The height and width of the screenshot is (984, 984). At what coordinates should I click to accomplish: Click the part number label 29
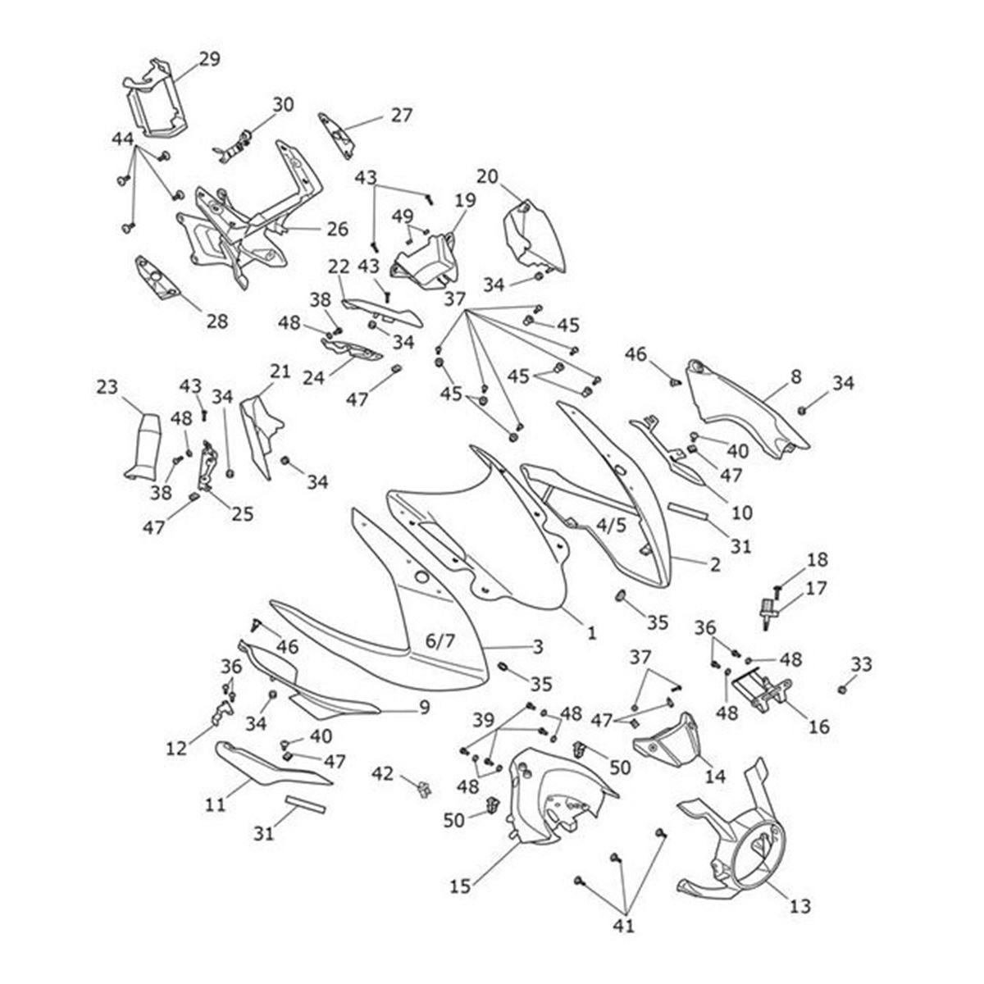[210, 58]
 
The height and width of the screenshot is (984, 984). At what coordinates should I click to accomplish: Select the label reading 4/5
[611, 525]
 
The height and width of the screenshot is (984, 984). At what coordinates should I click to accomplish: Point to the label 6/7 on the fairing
[440, 640]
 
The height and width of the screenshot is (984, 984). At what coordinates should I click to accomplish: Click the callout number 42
[383, 773]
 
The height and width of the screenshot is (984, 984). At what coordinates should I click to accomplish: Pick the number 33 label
[861, 664]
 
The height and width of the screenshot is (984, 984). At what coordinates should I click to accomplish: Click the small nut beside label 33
[842, 690]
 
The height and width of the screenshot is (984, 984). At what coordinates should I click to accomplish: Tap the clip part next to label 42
[424, 789]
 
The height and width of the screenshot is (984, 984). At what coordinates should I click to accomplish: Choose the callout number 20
[487, 175]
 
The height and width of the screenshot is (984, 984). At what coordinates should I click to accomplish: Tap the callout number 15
[459, 886]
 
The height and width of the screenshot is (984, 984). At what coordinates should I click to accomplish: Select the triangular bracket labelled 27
[336, 131]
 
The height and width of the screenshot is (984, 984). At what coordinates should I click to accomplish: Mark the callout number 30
[283, 105]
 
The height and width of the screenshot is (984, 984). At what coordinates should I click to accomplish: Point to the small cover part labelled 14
[666, 738]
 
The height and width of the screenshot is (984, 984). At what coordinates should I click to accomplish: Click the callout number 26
[337, 229]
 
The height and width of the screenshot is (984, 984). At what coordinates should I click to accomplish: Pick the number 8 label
[795, 377]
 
